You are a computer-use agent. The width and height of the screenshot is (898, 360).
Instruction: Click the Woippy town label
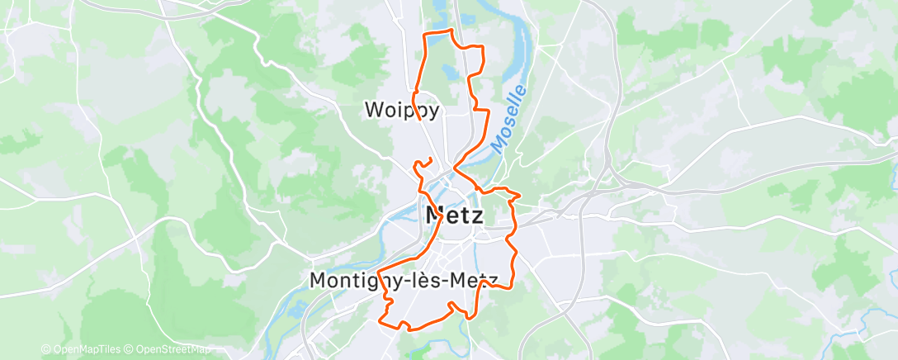coord(401,110)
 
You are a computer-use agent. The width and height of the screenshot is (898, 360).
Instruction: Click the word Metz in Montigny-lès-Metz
coord(473,281)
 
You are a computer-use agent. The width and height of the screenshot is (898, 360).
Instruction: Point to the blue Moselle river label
coord(508,118)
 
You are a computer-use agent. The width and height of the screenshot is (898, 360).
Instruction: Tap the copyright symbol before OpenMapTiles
coord(46,349)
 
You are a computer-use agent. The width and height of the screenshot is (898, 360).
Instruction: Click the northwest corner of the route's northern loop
coord(424,34)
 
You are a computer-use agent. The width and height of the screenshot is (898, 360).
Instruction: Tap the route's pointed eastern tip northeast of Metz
coord(520,196)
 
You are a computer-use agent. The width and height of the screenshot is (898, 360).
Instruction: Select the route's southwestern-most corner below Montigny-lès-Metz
coord(380,320)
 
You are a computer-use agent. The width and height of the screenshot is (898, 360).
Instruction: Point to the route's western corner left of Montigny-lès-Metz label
coord(378,272)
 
